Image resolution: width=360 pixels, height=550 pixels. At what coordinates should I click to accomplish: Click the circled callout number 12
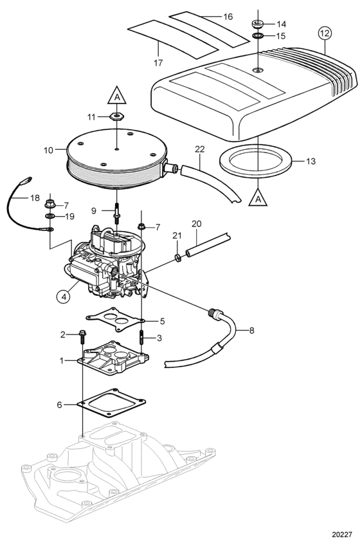325,33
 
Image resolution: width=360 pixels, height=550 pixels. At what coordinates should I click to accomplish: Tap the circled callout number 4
64,297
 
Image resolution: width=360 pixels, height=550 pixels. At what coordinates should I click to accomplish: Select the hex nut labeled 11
116,116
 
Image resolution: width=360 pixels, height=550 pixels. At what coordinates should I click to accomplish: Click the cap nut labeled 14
257,24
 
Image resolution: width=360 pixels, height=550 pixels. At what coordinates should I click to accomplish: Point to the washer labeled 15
258,36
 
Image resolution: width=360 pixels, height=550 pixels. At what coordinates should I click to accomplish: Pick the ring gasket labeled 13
255,160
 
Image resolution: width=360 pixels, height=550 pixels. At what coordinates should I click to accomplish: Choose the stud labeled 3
142,338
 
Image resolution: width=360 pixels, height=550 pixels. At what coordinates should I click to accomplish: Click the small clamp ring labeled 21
177,259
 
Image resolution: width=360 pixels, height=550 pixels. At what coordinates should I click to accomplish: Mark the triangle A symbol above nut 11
116,95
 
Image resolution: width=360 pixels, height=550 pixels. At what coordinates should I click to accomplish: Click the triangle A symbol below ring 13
258,197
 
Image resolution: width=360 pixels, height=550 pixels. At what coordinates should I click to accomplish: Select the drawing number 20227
342,535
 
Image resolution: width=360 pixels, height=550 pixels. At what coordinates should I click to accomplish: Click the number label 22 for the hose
199,149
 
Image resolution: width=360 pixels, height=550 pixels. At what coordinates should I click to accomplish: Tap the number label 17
158,63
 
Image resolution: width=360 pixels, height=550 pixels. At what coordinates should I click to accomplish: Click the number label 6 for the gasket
59,405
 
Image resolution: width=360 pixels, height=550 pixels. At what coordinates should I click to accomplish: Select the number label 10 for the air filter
48,150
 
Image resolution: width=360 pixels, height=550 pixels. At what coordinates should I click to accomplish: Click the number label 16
228,17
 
